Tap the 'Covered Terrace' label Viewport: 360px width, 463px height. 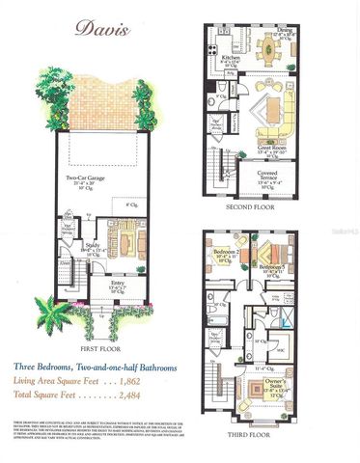[x=265, y=175]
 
